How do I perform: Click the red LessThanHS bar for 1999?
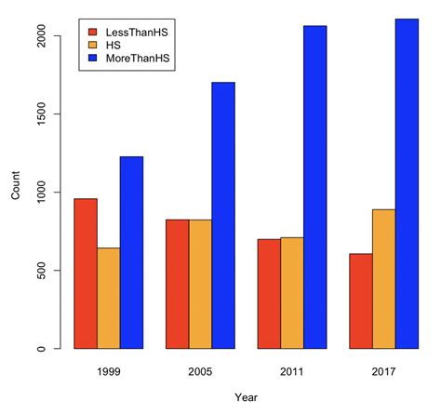86,274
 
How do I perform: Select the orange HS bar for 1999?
109,299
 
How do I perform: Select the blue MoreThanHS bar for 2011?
314,187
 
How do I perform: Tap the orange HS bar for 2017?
383,279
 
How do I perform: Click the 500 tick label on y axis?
44,271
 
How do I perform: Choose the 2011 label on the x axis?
291,370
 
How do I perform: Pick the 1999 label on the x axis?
109,370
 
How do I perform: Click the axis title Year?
246,398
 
